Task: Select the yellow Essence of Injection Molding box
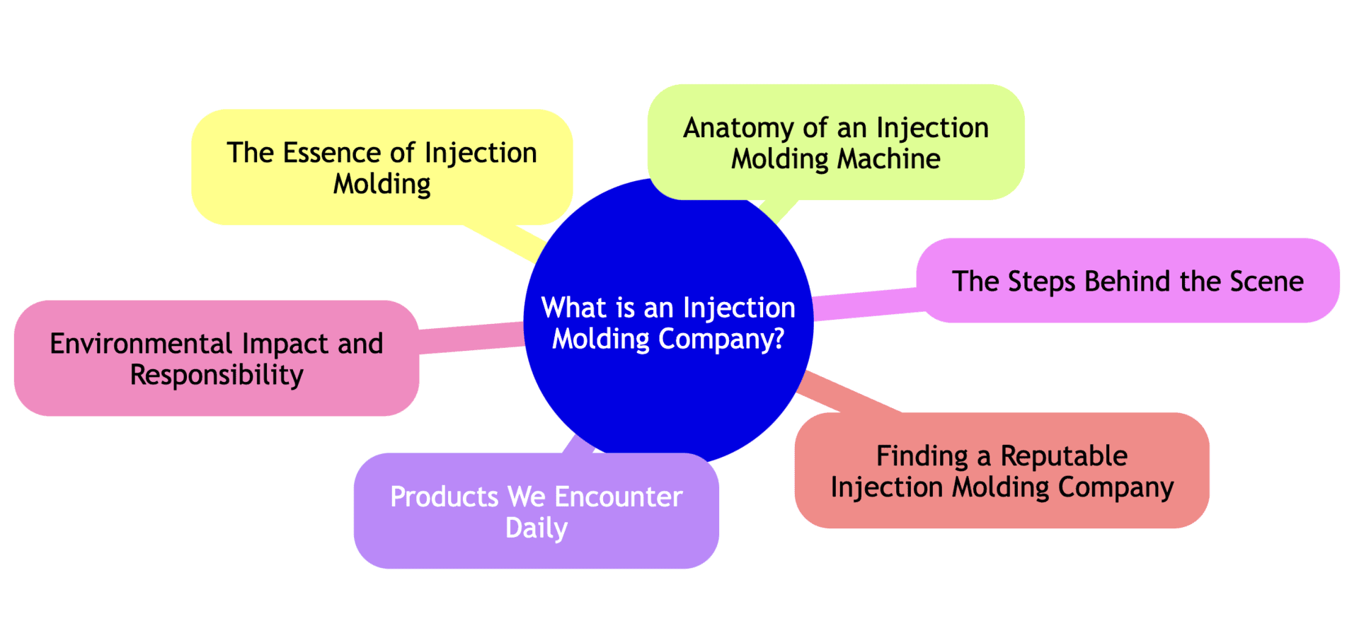pyautogui.click(x=382, y=168)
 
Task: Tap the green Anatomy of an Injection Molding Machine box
pyautogui.click(x=836, y=142)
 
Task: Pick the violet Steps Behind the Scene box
pyautogui.click(x=1128, y=281)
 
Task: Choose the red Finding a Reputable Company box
pyautogui.click(x=1002, y=470)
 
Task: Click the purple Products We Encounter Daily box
pyautogui.click(x=536, y=511)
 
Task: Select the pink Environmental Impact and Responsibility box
pyautogui.click(x=217, y=359)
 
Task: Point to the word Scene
pyautogui.click(x=1266, y=282)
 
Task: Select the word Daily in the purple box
pyautogui.click(x=536, y=528)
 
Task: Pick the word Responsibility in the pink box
pyautogui.click(x=217, y=375)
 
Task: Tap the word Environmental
pyautogui.click(x=140, y=344)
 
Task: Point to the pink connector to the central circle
pyautogui.click(x=471, y=337)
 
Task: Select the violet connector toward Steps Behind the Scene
pyautogui.click(x=867, y=304)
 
